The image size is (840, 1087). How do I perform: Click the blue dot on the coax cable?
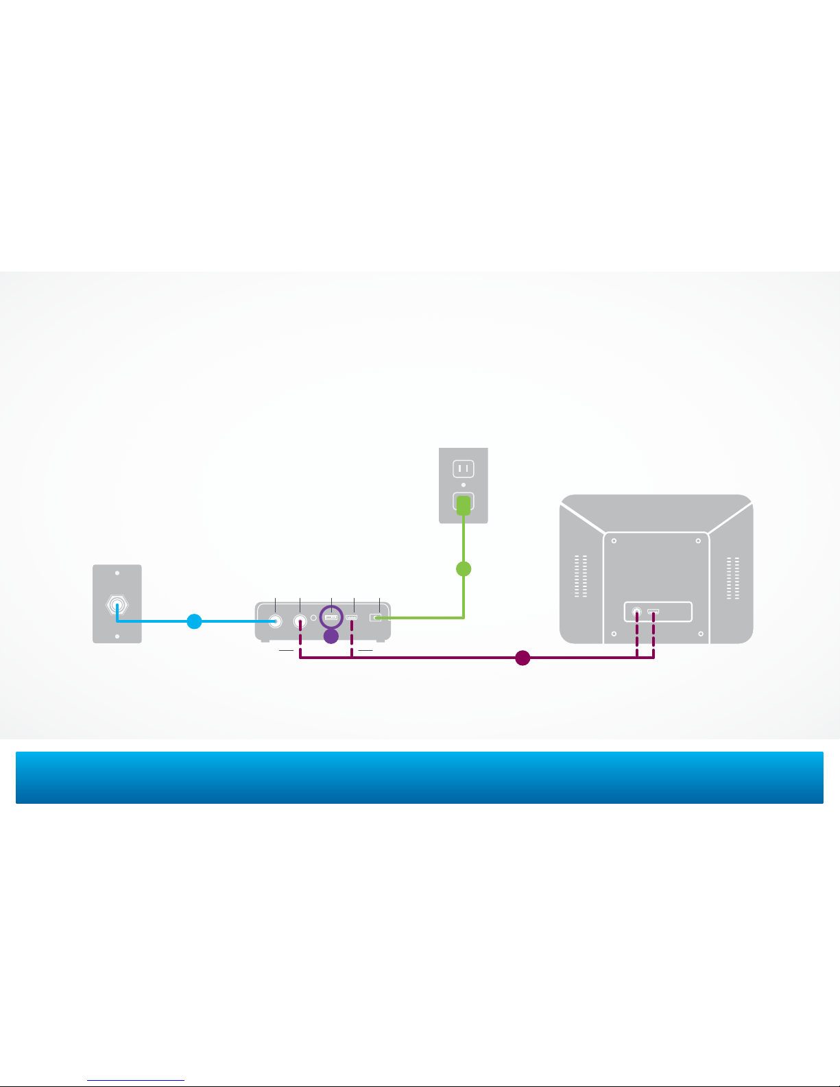tap(194, 622)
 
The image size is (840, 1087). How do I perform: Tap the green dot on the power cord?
tap(464, 569)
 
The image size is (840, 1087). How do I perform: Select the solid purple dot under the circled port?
tap(331, 636)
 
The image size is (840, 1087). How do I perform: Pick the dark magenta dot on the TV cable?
tap(523, 658)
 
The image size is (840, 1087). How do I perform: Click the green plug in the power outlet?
tap(464, 505)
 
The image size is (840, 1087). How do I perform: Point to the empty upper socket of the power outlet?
tap(464, 468)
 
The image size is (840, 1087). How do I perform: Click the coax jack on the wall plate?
tap(117, 606)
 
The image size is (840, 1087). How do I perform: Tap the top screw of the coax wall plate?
tap(117, 573)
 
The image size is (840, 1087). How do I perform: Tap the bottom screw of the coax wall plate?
tap(117, 636)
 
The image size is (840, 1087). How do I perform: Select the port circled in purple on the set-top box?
tap(331, 618)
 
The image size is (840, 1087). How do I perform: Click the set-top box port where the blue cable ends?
tap(276, 621)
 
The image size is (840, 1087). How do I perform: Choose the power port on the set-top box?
tap(375, 618)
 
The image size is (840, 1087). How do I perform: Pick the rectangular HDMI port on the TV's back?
tap(653, 610)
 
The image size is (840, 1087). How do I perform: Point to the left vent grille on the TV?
tap(581, 577)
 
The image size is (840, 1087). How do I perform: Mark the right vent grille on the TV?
tap(732, 578)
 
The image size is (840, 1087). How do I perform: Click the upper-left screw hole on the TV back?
tap(614, 541)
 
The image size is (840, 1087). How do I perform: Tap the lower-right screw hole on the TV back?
tap(701, 634)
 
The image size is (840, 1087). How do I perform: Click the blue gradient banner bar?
tap(419, 778)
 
